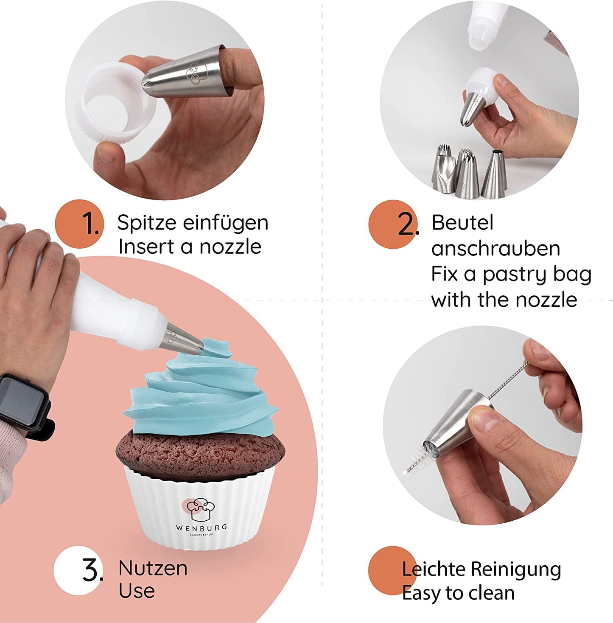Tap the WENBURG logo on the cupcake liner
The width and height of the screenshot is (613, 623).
point(201,516)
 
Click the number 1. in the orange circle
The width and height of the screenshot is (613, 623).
point(90,223)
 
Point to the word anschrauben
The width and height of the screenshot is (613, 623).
point(495,249)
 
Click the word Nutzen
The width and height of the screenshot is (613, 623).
point(153,568)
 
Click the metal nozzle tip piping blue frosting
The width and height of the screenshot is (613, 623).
point(181,341)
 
